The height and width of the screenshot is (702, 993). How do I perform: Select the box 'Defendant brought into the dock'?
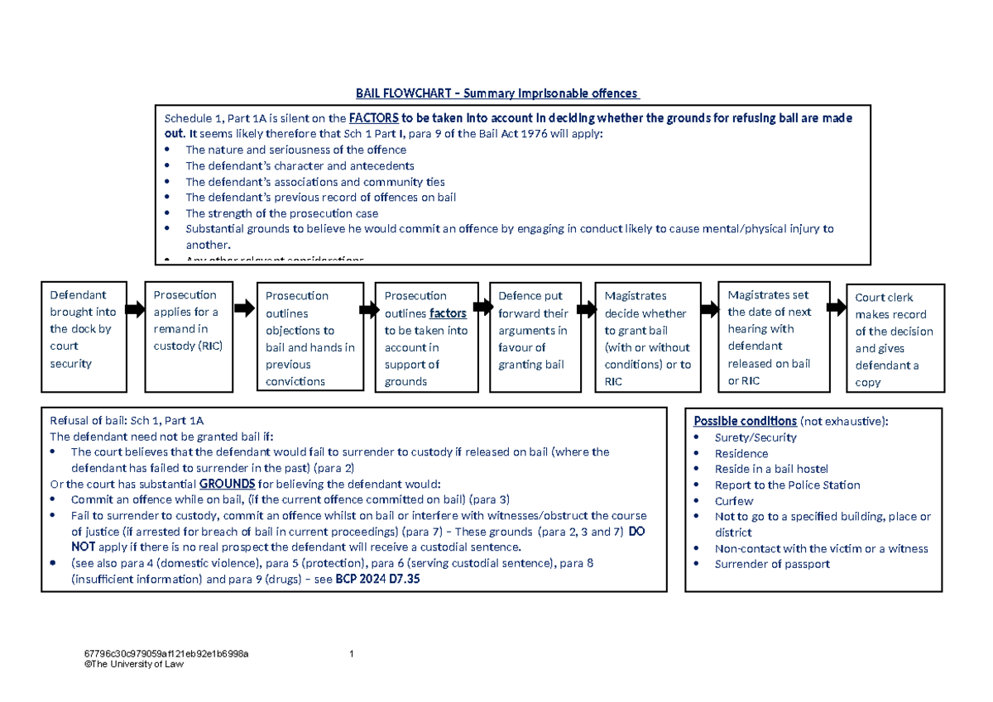coord(83,336)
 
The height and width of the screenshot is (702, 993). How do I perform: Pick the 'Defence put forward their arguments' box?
coord(534,337)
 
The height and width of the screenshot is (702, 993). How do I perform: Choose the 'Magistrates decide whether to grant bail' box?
coord(648,337)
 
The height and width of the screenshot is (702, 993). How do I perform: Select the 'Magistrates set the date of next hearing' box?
coord(773,337)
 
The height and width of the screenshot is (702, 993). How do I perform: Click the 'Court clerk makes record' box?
coord(895,337)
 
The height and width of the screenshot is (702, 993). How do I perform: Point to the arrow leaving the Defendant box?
coord(133,309)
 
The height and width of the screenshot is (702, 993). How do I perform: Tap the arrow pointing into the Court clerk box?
coord(837,308)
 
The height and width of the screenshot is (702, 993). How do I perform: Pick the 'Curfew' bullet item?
coord(734,501)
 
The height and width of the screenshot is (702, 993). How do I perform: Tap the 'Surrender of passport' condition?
coord(772,564)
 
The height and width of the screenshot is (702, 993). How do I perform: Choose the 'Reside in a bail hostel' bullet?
coord(771,469)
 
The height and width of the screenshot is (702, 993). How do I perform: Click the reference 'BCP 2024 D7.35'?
coord(377,580)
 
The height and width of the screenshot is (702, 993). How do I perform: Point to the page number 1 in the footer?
coord(352,655)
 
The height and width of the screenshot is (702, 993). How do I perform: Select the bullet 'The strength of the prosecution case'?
coord(281,213)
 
